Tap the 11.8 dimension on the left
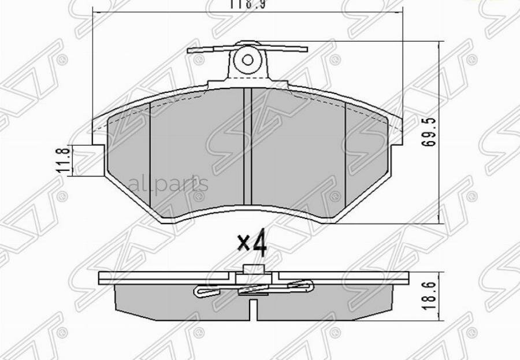[x=66, y=159]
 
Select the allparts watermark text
[x=168, y=184]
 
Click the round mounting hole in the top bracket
[x=248, y=59]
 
